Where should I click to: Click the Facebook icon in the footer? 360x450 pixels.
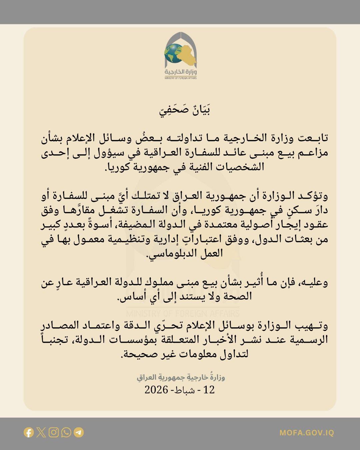click(29, 433)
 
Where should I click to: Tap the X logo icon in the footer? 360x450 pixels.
click(41, 433)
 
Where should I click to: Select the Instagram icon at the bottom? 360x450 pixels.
click(54, 433)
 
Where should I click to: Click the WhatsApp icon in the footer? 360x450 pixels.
click(66, 433)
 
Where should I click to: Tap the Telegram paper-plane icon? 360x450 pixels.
click(79, 433)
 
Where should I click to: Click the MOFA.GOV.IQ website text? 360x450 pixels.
click(307, 433)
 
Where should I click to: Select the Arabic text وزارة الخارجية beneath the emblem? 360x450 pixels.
click(180, 72)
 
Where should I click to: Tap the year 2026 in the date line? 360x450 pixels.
click(156, 389)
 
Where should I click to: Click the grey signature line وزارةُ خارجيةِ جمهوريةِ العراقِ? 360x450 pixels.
click(181, 377)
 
